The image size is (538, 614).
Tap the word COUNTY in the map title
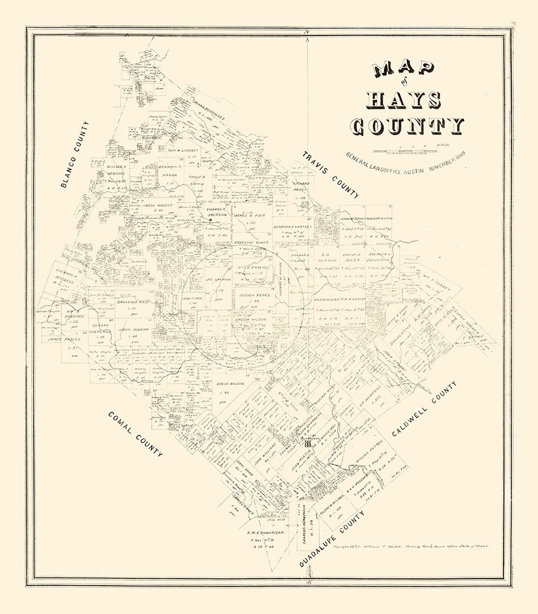click(x=407, y=126)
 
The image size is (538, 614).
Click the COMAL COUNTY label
click(x=136, y=435)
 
